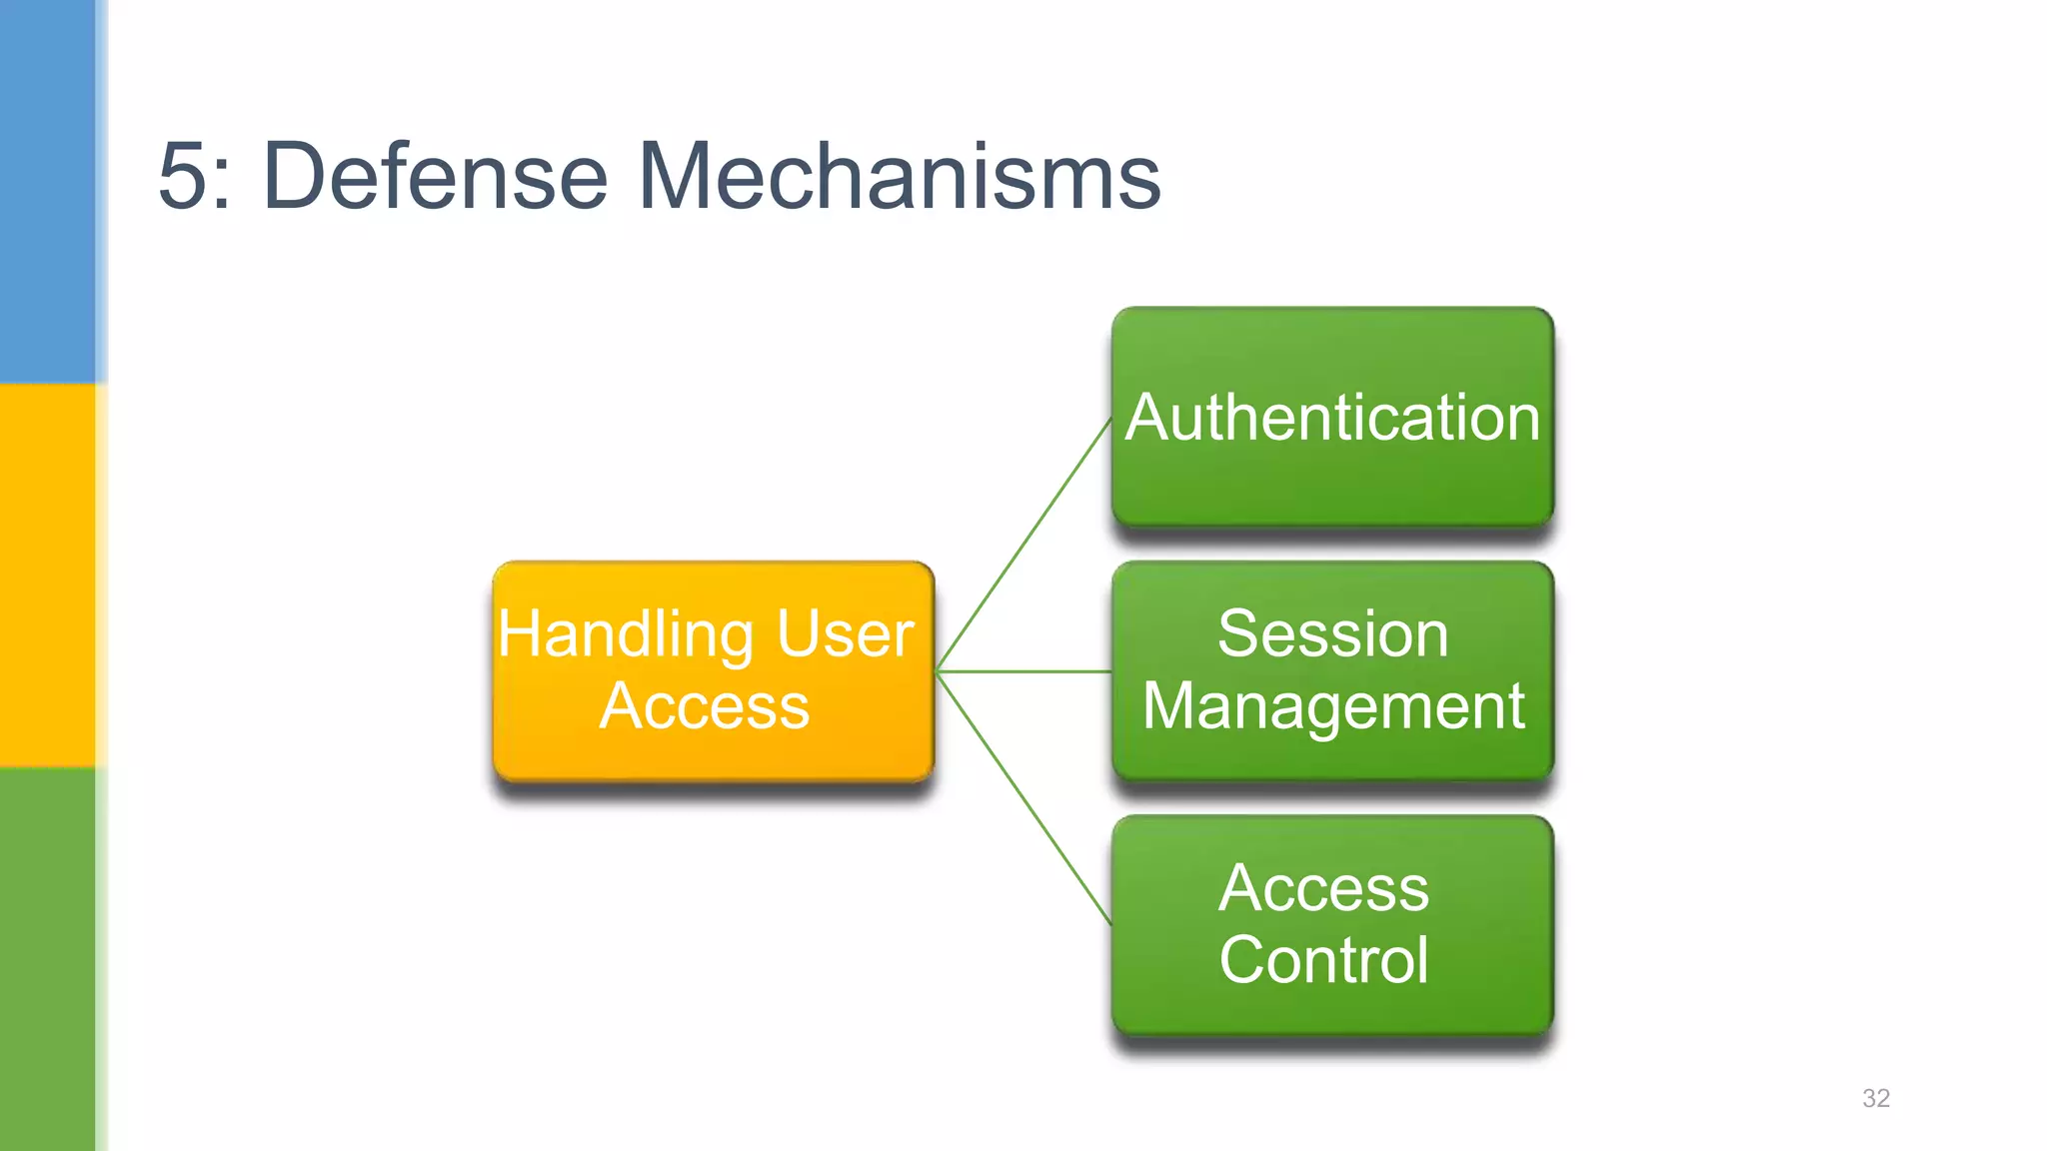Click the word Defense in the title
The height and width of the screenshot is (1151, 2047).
coord(435,177)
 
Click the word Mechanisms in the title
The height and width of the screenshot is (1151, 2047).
coord(899,177)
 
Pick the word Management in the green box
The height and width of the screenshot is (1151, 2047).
coord(1332,707)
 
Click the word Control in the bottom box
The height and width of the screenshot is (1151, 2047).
coord(1323,960)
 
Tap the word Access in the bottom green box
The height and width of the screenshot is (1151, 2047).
coord(1323,888)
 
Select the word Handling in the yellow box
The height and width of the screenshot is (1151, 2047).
coord(626,635)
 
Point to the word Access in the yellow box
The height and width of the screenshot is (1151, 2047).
coord(705,706)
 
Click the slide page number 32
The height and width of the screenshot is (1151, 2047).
coord(1876,1098)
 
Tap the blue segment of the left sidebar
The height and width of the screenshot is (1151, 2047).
coord(47,190)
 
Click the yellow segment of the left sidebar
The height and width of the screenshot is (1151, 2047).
coord(47,575)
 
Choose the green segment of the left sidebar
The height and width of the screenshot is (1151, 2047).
coord(47,959)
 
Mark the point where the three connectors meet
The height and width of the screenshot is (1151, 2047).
coord(939,671)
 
